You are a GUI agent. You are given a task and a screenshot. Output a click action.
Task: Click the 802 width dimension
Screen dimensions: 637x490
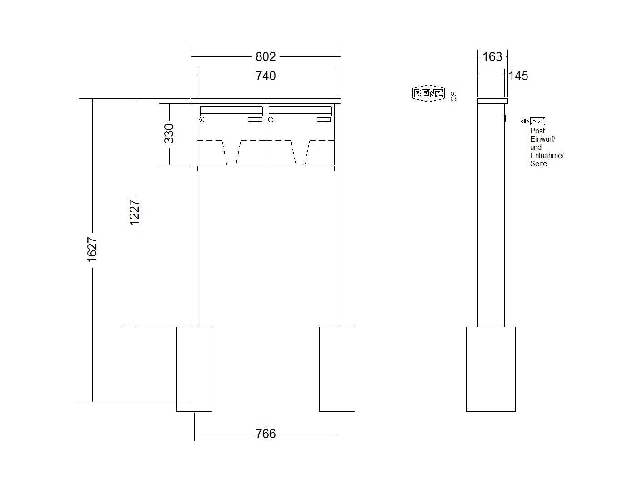266,56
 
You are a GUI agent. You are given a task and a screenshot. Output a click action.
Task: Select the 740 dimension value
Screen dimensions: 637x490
266,76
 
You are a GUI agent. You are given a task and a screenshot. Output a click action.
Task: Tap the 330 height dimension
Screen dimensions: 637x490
169,133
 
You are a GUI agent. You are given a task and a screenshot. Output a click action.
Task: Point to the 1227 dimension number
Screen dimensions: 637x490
135,213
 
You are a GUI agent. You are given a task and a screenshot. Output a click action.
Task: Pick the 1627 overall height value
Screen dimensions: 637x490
92,250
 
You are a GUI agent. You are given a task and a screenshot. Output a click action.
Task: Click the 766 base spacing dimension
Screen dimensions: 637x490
266,434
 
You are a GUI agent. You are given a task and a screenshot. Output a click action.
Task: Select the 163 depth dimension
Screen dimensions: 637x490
492,56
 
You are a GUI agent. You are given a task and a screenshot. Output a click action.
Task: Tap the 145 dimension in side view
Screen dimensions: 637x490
518,76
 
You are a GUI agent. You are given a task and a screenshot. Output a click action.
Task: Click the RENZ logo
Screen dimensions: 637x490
428,93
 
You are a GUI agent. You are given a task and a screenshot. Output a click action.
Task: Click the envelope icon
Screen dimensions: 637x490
537,121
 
